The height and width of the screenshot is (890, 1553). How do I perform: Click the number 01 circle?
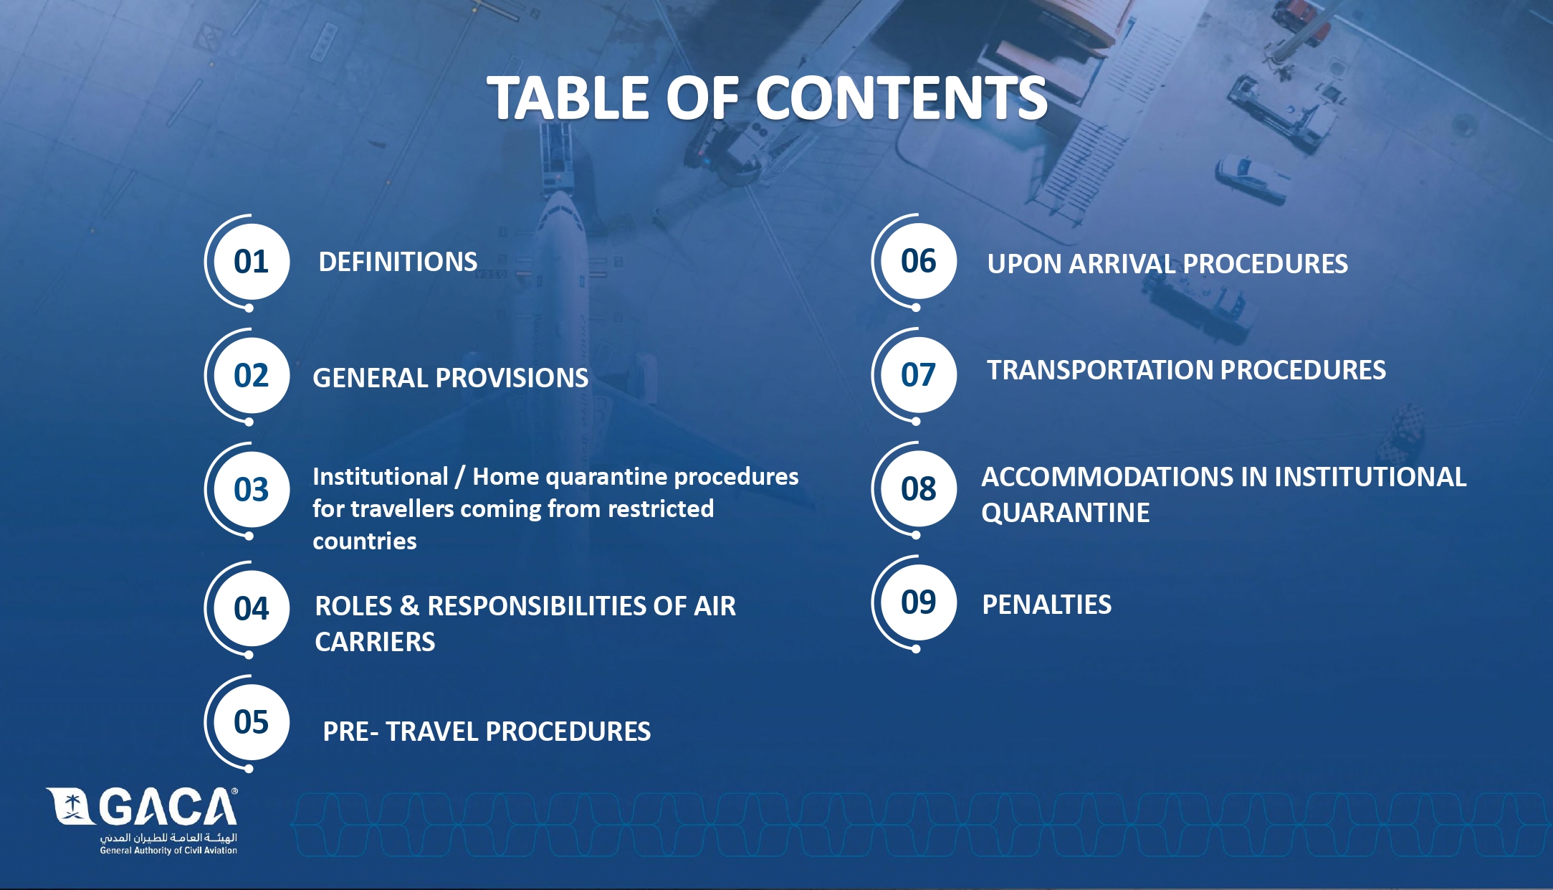coord(252,262)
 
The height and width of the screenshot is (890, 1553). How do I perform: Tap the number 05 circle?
coord(252,722)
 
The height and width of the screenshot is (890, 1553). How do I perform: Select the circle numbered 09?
coord(919,602)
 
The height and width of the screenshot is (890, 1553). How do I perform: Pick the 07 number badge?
coord(919,375)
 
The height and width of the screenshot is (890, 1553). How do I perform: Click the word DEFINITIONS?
coord(398,262)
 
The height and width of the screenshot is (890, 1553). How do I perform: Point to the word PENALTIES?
coord(1046,605)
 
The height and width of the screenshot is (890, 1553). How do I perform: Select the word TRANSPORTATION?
coord(1100,370)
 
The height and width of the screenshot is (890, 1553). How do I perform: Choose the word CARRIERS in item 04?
coord(375,642)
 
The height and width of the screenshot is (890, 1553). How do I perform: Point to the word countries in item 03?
coord(365,541)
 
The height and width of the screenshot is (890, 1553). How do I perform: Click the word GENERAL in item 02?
coord(371,378)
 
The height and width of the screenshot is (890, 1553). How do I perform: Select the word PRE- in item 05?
coord(350,732)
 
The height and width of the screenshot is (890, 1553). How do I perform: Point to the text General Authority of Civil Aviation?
coord(168,851)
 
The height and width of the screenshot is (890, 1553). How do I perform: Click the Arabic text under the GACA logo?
coord(168,838)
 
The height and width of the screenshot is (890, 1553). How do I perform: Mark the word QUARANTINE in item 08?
coord(1066,513)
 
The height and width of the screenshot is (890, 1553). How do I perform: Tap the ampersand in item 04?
coord(409,606)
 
